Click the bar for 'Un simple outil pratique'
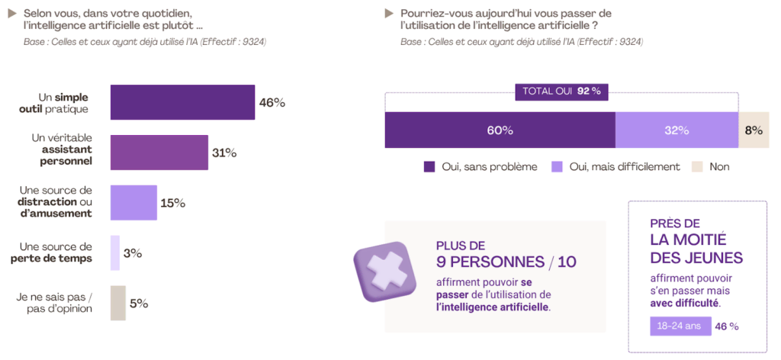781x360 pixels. pyautogui.click(x=182, y=102)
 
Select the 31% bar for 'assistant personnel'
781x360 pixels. pyautogui.click(x=159, y=153)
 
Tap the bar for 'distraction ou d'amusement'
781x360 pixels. pyautogui.click(x=133, y=203)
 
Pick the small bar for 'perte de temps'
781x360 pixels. pyautogui.click(x=115, y=253)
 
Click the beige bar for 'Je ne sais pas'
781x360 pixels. pyautogui.click(x=117, y=303)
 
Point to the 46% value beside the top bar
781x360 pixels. pyautogui.click(x=272, y=102)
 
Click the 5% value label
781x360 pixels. pyautogui.click(x=139, y=304)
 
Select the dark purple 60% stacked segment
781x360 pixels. pyautogui.click(x=500, y=130)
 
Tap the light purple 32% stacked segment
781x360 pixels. pyautogui.click(x=677, y=130)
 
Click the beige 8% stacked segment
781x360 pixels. pyautogui.click(x=754, y=130)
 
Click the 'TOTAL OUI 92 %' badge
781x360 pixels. pyautogui.click(x=562, y=91)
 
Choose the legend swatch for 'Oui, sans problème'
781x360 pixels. pyautogui.click(x=429, y=166)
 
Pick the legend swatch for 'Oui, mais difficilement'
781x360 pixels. pyautogui.click(x=557, y=166)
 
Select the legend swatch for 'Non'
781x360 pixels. pyautogui.click(x=696, y=166)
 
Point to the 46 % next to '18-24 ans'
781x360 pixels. pyautogui.click(x=726, y=326)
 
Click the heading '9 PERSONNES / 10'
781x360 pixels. pyautogui.click(x=506, y=262)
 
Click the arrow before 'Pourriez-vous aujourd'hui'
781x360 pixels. pyautogui.click(x=390, y=13)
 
